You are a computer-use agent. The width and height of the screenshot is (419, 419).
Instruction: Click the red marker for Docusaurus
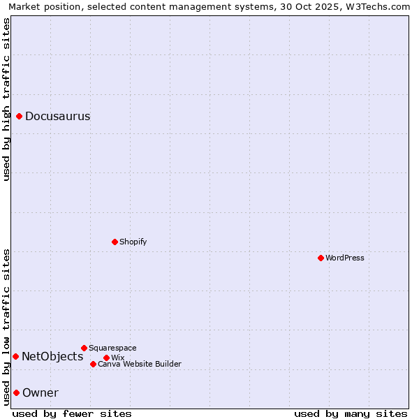point(20,116)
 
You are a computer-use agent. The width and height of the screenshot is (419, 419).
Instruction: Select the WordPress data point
point(321,258)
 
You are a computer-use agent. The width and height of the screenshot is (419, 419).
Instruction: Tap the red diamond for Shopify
point(115,242)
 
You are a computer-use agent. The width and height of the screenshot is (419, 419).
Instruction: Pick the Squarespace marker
point(84,348)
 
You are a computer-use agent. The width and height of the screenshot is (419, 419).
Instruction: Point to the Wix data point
point(106,358)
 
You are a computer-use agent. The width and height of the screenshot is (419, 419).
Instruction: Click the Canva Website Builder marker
point(93,364)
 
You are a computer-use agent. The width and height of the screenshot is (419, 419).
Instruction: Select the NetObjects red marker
point(15,356)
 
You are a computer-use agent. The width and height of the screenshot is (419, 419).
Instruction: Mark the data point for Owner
point(16,392)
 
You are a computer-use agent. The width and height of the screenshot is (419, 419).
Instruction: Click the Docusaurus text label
point(57,116)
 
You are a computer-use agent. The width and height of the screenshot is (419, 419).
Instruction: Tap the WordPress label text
point(345,258)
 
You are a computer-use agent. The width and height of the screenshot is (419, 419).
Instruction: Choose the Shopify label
point(133,242)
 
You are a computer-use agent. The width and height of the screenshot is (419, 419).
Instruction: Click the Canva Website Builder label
point(140,364)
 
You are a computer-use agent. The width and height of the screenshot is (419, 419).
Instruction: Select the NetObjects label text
point(52,356)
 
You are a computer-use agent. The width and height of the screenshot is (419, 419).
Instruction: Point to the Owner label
point(41,392)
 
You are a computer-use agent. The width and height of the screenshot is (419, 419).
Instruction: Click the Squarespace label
point(112,348)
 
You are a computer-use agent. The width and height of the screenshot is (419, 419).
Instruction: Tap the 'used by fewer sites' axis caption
point(72,413)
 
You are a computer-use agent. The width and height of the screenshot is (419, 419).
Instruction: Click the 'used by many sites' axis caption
point(351,413)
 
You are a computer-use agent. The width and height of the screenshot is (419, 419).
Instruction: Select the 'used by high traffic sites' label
point(6,99)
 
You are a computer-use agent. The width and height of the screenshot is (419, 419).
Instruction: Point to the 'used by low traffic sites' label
point(6,327)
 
